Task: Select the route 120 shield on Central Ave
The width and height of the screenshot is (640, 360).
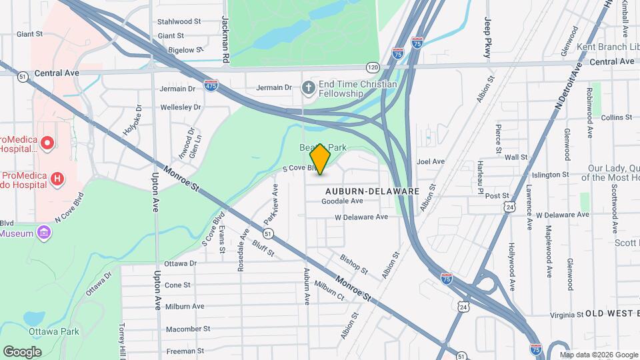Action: coord(373,67)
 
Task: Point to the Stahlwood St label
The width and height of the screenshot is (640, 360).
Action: coord(179,21)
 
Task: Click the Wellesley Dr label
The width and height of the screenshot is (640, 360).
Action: coord(180,107)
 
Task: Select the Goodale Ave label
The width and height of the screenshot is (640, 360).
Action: coord(342,201)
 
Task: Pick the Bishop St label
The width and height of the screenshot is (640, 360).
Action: coord(353,264)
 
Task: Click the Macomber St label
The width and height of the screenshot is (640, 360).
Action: coord(188,329)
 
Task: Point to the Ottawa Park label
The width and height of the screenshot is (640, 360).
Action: coord(54,331)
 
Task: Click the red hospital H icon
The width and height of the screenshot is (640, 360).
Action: coord(58,179)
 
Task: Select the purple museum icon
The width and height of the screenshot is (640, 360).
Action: coord(45,233)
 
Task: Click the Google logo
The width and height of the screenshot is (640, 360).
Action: coord(23,351)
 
